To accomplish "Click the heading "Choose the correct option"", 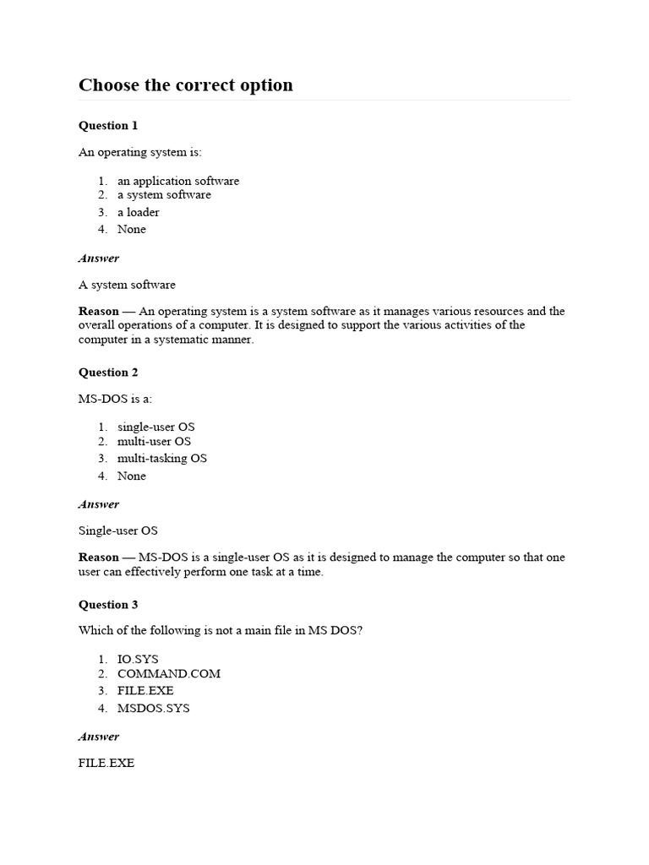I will click(x=186, y=85).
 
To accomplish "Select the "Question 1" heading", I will click(x=108, y=126).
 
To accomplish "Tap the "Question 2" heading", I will click(x=108, y=373).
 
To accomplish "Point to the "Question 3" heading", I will click(x=108, y=605).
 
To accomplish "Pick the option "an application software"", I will click(x=178, y=181).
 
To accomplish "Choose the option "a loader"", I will click(x=139, y=212).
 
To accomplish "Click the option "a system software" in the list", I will click(x=164, y=195).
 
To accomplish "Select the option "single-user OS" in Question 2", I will click(x=155, y=427).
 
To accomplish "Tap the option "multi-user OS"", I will click(x=154, y=442).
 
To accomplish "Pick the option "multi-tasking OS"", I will click(x=162, y=459).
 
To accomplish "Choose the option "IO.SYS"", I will click(x=138, y=659).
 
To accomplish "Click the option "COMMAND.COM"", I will click(x=169, y=674).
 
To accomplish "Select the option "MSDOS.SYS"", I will click(x=154, y=709).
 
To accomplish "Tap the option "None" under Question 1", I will click(x=132, y=230).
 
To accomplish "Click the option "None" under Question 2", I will click(x=132, y=476).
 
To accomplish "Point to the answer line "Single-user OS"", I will click(x=118, y=531).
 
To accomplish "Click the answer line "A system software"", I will click(x=127, y=285).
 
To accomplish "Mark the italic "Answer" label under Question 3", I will click(x=99, y=737).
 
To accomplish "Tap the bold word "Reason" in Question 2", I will click(x=99, y=558).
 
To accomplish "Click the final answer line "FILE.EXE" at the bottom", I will click(x=106, y=764).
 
